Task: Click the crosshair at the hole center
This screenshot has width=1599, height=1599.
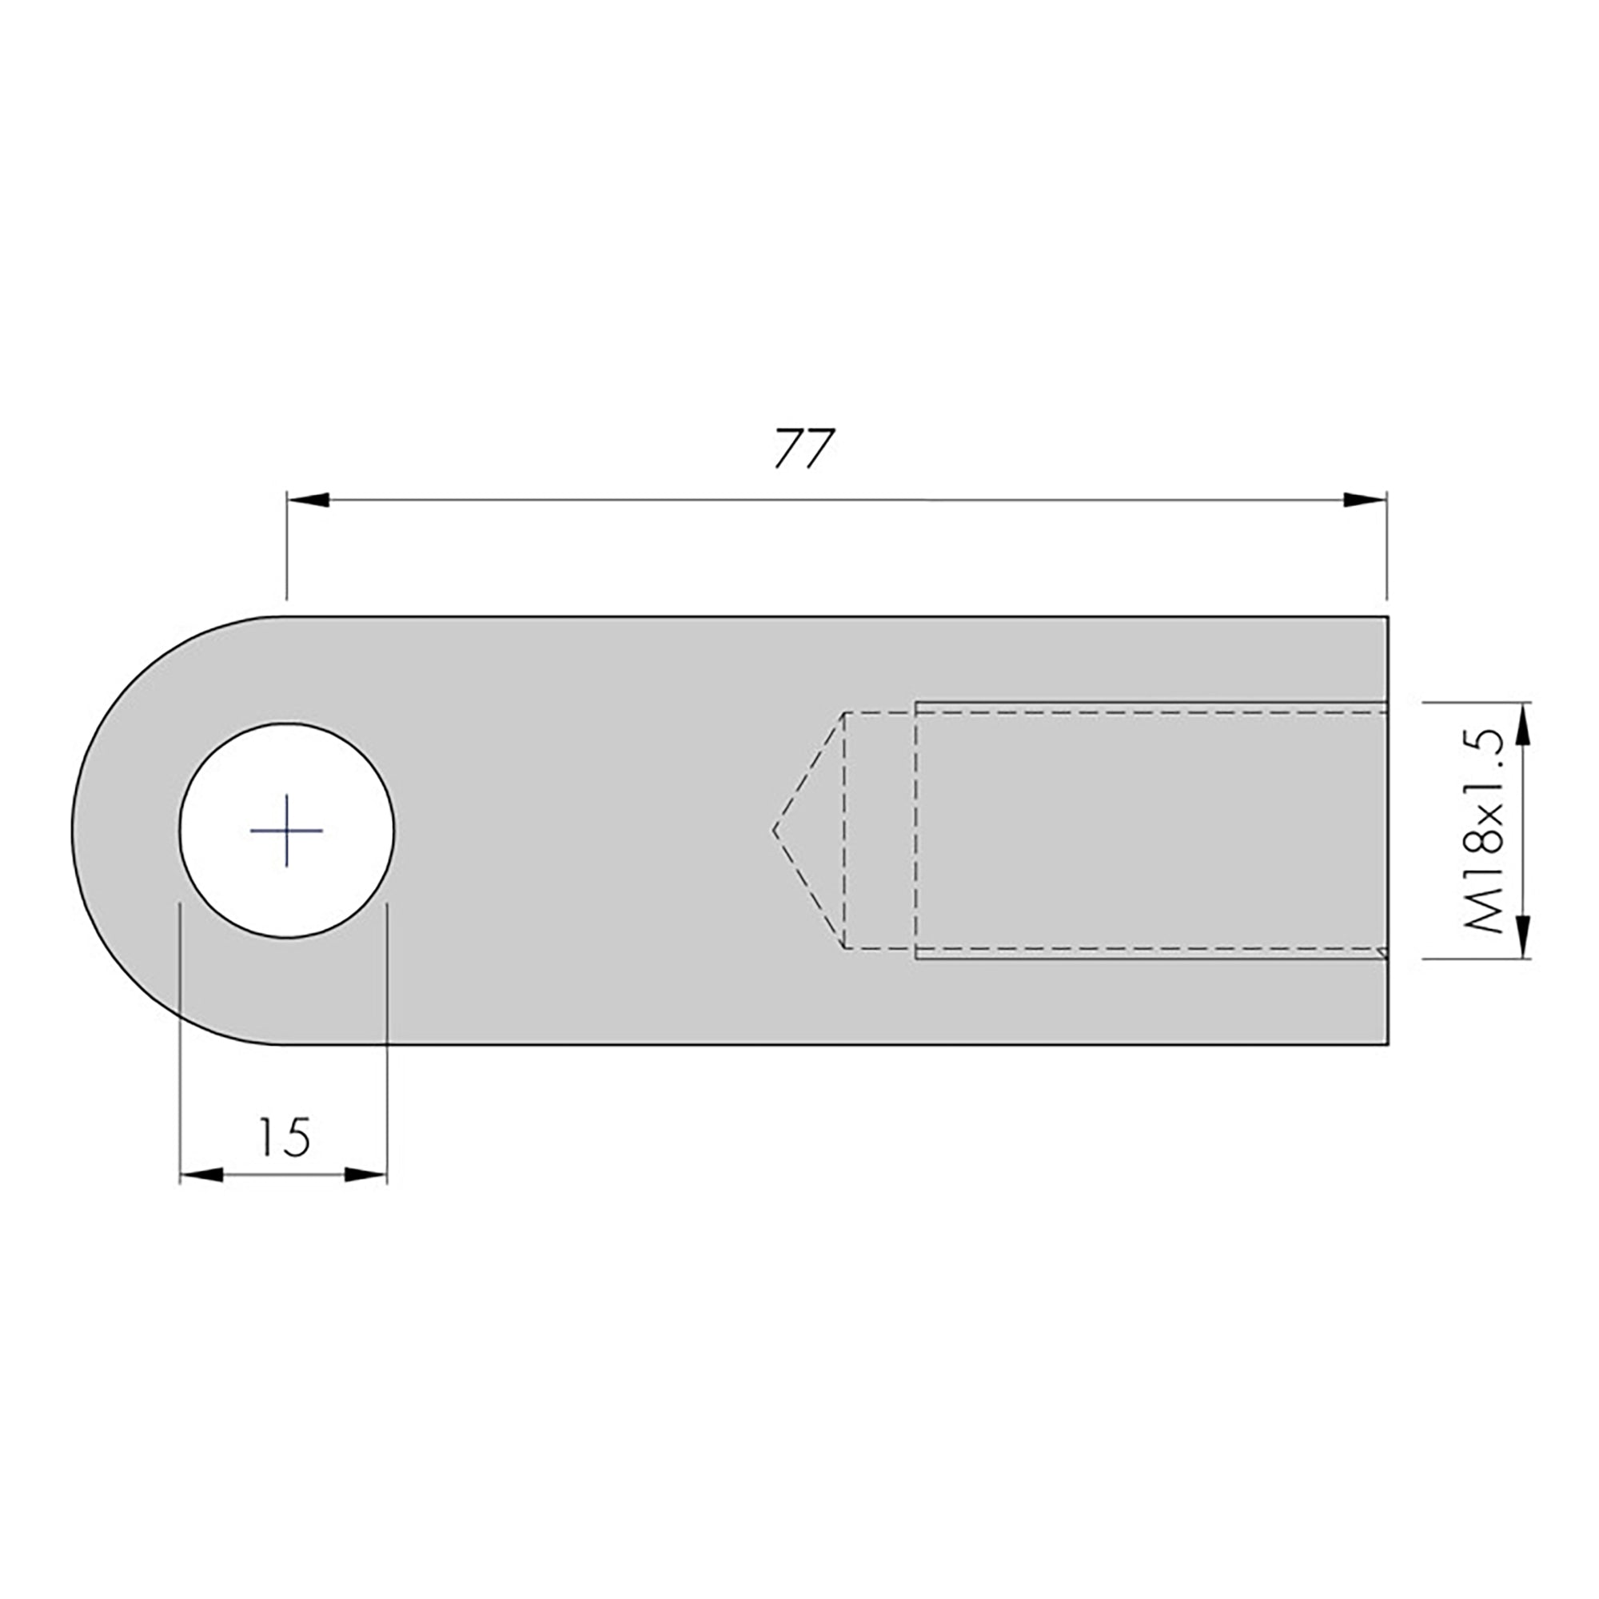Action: coord(286,830)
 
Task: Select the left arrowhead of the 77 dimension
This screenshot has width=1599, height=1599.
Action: coord(308,500)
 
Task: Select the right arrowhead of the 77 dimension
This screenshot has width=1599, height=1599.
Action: coord(1365,500)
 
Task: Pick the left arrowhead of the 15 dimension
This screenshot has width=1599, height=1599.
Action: coord(201,1174)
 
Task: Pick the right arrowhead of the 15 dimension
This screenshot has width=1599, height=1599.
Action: coord(366,1174)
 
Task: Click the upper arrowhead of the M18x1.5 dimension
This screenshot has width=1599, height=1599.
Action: coord(1525,724)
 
